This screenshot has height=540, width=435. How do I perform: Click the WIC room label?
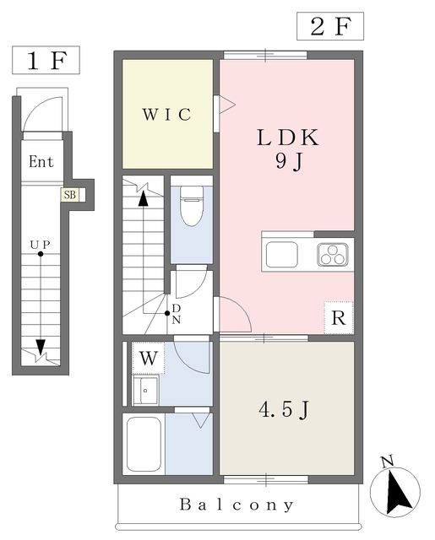(x=167, y=115)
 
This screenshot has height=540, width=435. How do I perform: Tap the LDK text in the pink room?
(x=288, y=138)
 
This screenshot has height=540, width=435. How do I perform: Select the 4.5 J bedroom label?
(x=284, y=409)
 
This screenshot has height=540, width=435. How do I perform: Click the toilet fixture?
(x=192, y=206)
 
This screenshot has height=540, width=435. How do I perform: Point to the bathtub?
(x=144, y=445)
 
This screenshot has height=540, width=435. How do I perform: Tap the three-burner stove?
(x=333, y=255)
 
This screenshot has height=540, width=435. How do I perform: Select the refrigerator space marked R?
(x=339, y=317)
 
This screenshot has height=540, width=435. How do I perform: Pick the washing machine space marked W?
(x=149, y=358)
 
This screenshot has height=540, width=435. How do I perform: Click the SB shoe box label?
(x=70, y=195)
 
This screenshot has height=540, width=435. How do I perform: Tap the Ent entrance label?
(x=41, y=162)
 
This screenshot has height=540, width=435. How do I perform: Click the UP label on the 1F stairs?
(x=41, y=245)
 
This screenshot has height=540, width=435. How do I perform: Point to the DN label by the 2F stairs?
(x=177, y=314)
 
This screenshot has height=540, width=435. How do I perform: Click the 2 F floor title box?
(x=330, y=26)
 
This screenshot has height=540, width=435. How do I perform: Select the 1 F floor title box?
(x=46, y=60)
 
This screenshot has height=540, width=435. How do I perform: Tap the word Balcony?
(x=237, y=505)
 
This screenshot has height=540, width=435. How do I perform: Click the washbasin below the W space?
(x=146, y=391)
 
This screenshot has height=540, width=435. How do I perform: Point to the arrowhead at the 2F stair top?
(x=143, y=199)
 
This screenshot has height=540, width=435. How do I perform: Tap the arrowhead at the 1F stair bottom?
(x=41, y=347)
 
